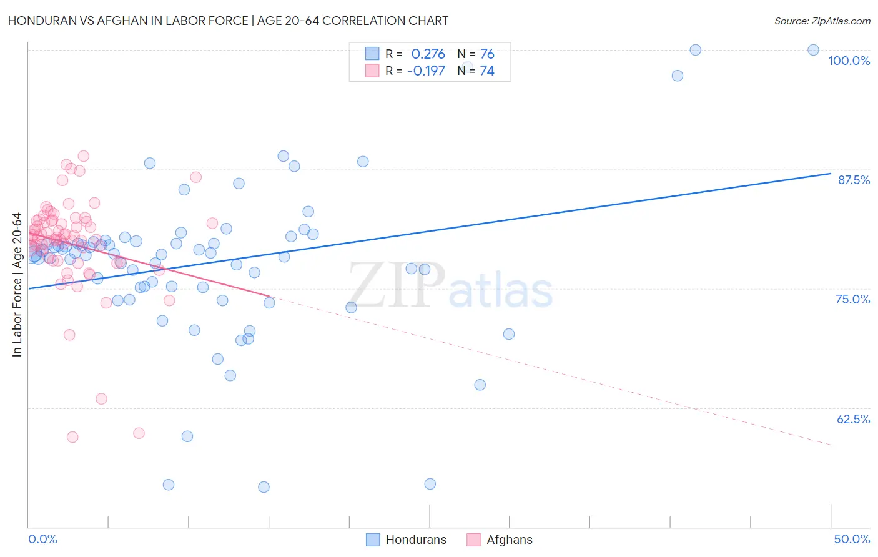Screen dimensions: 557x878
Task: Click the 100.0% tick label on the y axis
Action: coord(849,61)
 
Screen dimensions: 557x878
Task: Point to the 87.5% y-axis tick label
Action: coord(854,180)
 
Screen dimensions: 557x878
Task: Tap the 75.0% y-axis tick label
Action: coord(852,299)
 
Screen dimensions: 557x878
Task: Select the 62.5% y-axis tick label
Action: coord(853,419)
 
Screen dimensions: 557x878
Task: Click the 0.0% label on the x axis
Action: coord(42,539)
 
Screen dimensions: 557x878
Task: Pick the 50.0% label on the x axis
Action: coord(852,539)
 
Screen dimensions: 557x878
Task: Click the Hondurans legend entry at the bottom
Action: coord(407,540)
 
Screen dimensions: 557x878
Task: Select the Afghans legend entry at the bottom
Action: coord(500,540)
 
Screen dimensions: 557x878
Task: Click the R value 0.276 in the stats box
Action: coord(428,54)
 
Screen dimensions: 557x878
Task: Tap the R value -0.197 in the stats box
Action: coord(426,71)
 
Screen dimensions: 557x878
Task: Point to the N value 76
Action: coord(487,54)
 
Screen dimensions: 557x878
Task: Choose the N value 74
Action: coord(487,71)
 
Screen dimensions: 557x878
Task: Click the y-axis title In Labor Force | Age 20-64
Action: coord(17,285)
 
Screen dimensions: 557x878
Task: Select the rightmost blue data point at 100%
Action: coord(813,50)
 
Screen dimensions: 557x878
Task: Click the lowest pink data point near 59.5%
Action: coord(72,437)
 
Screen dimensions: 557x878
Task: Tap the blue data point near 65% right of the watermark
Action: coord(480,385)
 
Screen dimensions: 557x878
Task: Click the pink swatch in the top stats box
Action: coord(372,71)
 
